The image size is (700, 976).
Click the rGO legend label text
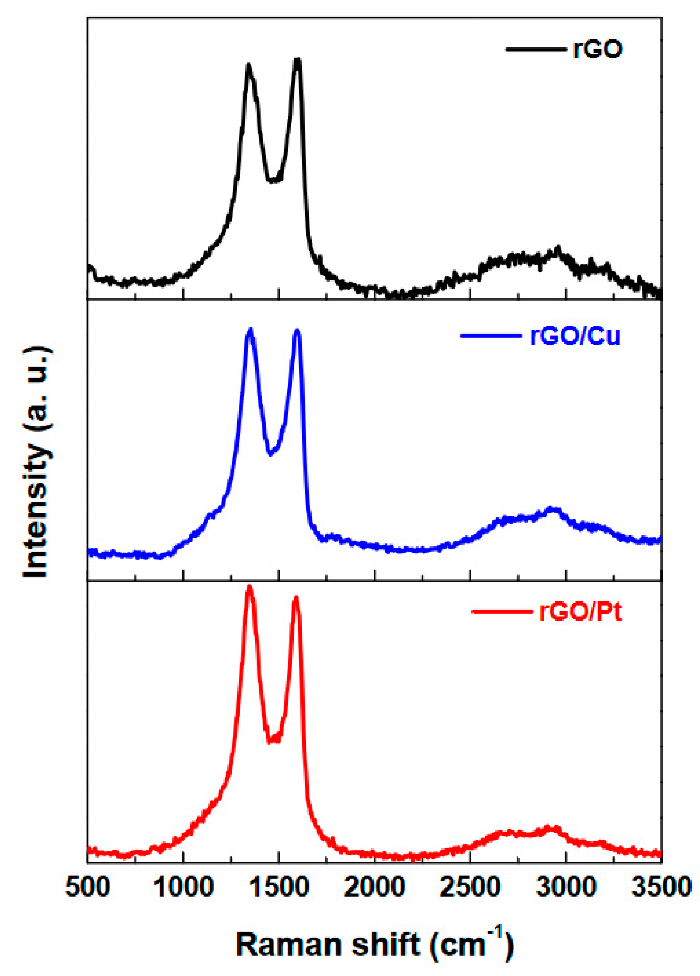click(597, 50)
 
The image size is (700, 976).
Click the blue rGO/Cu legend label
click(575, 336)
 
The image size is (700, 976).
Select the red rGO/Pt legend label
click(580, 611)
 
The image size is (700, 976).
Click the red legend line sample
click(502, 611)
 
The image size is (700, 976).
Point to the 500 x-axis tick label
click(88, 887)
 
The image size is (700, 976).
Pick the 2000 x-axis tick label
click(374, 887)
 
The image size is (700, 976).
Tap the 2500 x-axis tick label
click(470, 887)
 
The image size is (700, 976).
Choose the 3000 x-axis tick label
click(565, 887)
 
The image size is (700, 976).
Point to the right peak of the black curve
click(297, 61)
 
